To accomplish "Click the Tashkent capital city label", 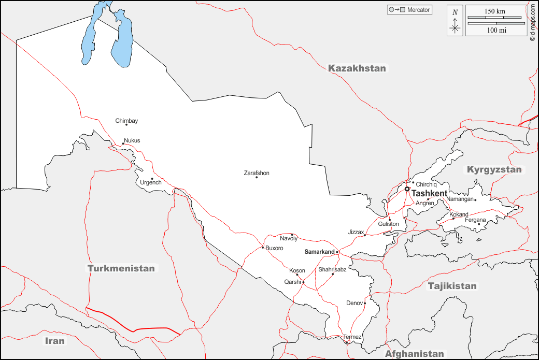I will pyautogui.click(x=429, y=193).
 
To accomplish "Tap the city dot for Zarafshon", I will pyautogui.click(x=257, y=177).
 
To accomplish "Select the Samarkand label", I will pyautogui.click(x=319, y=252).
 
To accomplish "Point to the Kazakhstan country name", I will pyautogui.click(x=357, y=68).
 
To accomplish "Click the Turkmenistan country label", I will pyautogui.click(x=121, y=268).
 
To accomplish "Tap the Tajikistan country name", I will pyautogui.click(x=452, y=286).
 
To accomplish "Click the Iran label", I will pyautogui.click(x=54, y=340).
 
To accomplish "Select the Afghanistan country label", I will pyautogui.click(x=414, y=354).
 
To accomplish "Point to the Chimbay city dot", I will pyautogui.click(x=126, y=125).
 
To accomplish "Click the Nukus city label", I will pyautogui.click(x=132, y=140).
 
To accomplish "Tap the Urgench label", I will pyautogui.click(x=151, y=183).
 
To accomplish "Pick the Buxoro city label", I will pyautogui.click(x=274, y=248).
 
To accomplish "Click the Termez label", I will pyautogui.click(x=352, y=337).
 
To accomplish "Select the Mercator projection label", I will pyautogui.click(x=418, y=10).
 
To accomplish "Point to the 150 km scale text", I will pyautogui.click(x=495, y=11).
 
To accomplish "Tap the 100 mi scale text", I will pyautogui.click(x=496, y=31).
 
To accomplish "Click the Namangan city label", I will pyautogui.click(x=460, y=199).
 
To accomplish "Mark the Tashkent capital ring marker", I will pyautogui.click(x=407, y=189).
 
